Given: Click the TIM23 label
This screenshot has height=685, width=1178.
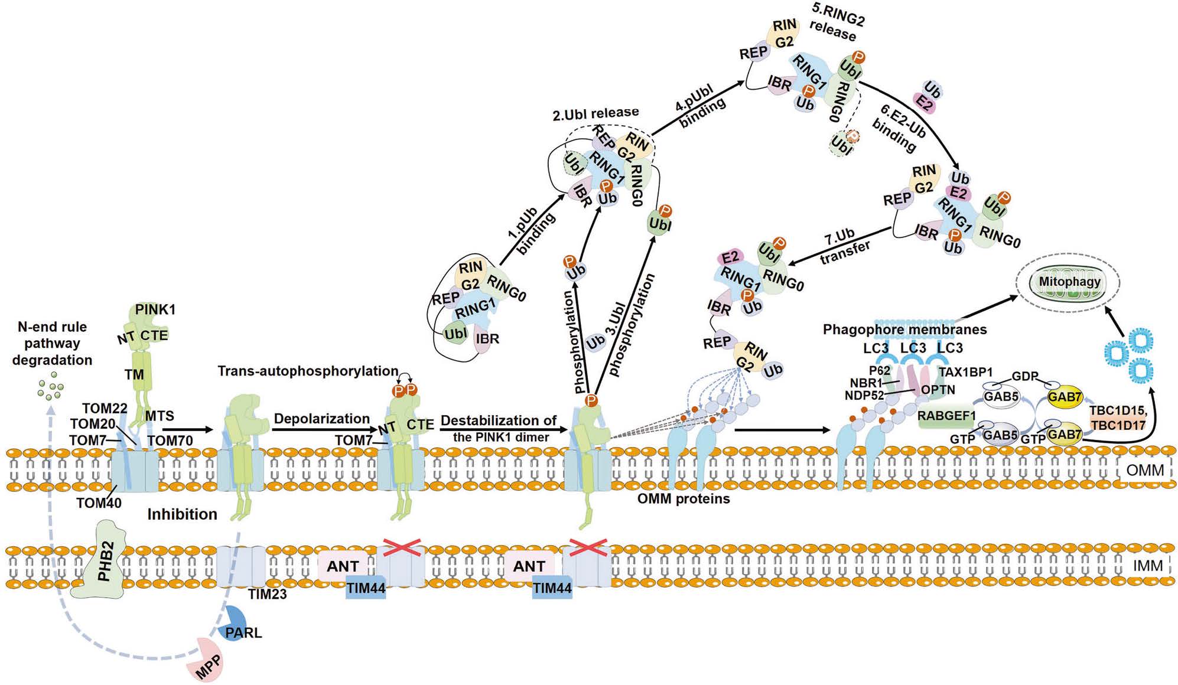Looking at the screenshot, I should pos(267,594).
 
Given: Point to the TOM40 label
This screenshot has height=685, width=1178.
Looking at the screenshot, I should pos(99,503).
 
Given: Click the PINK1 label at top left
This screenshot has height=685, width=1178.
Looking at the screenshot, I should pos(155,309).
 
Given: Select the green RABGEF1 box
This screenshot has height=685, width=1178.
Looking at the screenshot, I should pos(946,416).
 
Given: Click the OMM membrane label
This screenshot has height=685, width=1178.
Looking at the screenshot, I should pos(1144,470).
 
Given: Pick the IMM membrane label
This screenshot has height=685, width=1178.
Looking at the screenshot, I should pos(1147,566).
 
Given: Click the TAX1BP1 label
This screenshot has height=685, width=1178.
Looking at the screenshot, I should pos(966,372).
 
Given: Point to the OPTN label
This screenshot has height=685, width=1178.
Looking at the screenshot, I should pos(938,390).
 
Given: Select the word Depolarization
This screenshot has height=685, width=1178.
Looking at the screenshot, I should pos(321,419).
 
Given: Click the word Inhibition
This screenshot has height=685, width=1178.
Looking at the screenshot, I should pos(182,514).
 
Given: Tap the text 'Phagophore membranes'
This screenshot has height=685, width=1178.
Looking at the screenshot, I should pos(904,330).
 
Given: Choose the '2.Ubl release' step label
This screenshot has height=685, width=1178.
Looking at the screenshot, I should pos(595,113).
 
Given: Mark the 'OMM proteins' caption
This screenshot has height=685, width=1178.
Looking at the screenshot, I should pos(683,499).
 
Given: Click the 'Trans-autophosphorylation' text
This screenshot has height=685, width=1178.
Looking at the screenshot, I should pos(308,371).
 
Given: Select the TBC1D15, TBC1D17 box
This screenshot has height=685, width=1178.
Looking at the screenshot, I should pos(1117,417).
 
